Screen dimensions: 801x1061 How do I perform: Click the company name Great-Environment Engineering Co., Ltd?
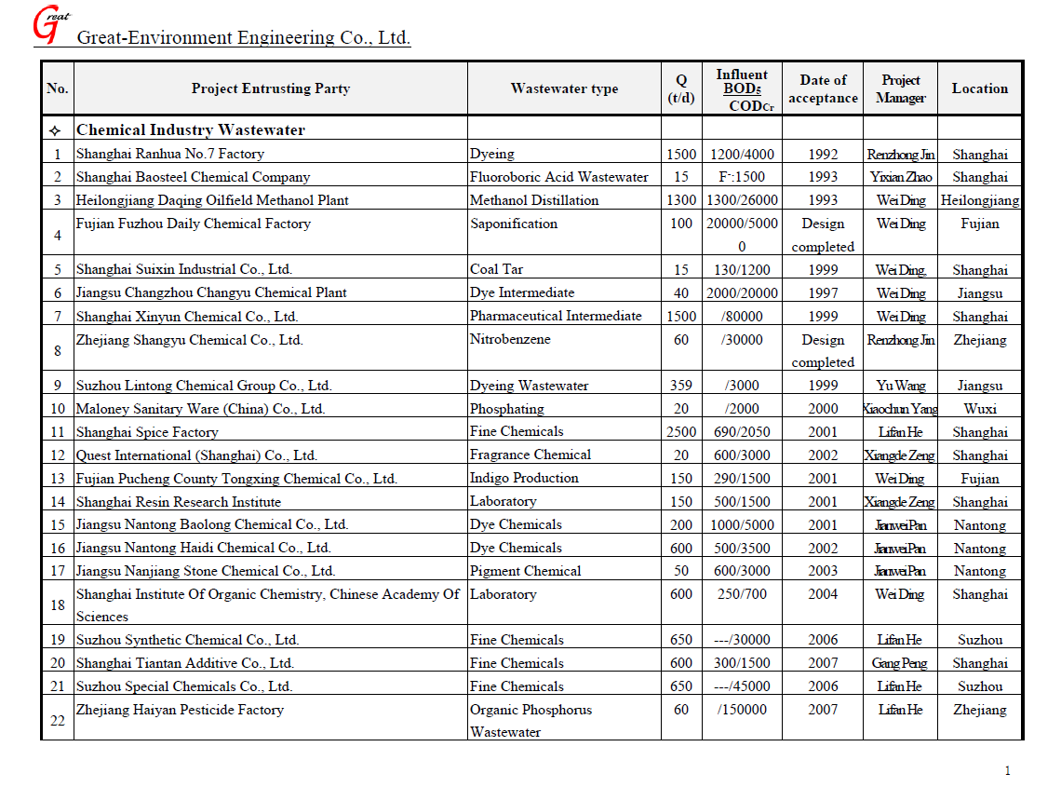pyautogui.click(x=243, y=38)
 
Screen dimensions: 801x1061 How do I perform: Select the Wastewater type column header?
pyautogui.click(x=564, y=88)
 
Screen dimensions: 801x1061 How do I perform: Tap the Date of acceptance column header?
pyautogui.click(x=823, y=88)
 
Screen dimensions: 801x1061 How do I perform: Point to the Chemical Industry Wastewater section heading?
pyautogui.click(x=190, y=130)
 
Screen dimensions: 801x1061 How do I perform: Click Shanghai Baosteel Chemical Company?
pyautogui.click(x=193, y=177)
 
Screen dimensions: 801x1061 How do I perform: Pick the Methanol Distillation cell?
pyautogui.click(x=534, y=200)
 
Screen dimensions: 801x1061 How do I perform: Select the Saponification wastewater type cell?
pyautogui.click(x=514, y=224)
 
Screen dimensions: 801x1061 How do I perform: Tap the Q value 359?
pyautogui.click(x=681, y=386)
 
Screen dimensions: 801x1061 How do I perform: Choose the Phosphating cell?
pyautogui.click(x=506, y=409)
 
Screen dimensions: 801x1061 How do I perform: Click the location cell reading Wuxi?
pyautogui.click(x=979, y=409)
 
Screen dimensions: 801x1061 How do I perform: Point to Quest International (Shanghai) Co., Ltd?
pyautogui.click(x=196, y=455)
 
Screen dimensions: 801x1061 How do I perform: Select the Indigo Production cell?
pyautogui.click(x=524, y=478)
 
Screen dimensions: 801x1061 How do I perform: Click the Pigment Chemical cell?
pyautogui.click(x=525, y=571)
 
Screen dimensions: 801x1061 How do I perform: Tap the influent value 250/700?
pyautogui.click(x=743, y=594)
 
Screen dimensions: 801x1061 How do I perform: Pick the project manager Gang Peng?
pyautogui.click(x=900, y=663)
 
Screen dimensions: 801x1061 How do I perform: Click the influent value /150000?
pyautogui.click(x=743, y=710)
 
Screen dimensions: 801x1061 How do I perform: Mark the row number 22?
pyautogui.click(x=58, y=721)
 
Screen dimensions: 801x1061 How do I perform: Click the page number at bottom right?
pyautogui.click(x=1007, y=770)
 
